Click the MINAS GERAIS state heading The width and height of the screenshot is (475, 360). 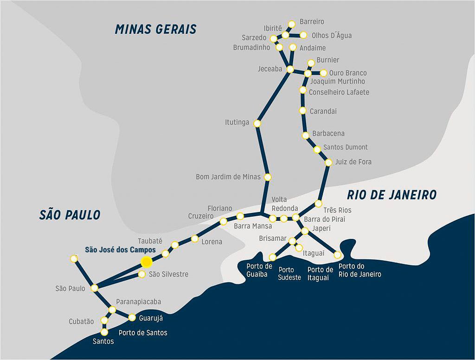pos(156,29)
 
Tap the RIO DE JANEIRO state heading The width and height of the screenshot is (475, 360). pos(392,195)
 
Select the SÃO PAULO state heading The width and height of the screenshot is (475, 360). pos(70,215)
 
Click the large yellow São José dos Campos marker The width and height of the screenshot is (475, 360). pos(147,262)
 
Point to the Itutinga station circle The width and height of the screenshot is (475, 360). pos(257,123)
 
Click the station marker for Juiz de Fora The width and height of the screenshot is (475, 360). pos(328,162)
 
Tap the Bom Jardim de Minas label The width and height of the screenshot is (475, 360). pos(228,177)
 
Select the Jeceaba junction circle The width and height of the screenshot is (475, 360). pos(290,70)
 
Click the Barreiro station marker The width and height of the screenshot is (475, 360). pos(292,24)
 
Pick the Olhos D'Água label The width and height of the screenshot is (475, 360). pos(331,35)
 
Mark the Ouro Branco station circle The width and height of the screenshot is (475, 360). pos(323,73)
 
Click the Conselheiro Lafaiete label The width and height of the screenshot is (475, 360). pos(339,92)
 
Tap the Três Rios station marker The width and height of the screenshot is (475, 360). pos(318,204)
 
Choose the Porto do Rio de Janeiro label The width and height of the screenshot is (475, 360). pos(359,270)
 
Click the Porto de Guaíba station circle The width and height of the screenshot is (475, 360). pos(273,257)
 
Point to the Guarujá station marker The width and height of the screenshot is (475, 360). pos(132,318)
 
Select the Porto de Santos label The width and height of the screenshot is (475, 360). pos(143,333)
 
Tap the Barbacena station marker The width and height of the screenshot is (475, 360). pos(306,135)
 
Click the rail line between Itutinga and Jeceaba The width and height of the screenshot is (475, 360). pos(274,96)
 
